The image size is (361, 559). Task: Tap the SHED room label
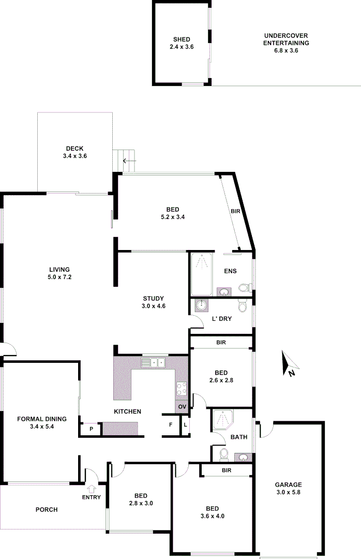(182, 43)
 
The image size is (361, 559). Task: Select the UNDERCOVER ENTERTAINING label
(286, 43)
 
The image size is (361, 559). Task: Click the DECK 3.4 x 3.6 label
(74, 152)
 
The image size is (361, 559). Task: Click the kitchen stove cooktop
(182, 389)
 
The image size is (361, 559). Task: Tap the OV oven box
(182, 407)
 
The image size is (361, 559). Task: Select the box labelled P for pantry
(91, 429)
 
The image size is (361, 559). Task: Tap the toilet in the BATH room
(223, 454)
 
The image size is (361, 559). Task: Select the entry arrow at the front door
(93, 488)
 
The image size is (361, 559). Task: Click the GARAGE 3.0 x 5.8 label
(288, 489)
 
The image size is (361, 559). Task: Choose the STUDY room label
(154, 302)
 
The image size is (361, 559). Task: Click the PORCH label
(47, 510)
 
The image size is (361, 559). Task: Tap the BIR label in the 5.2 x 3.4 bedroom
(236, 212)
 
